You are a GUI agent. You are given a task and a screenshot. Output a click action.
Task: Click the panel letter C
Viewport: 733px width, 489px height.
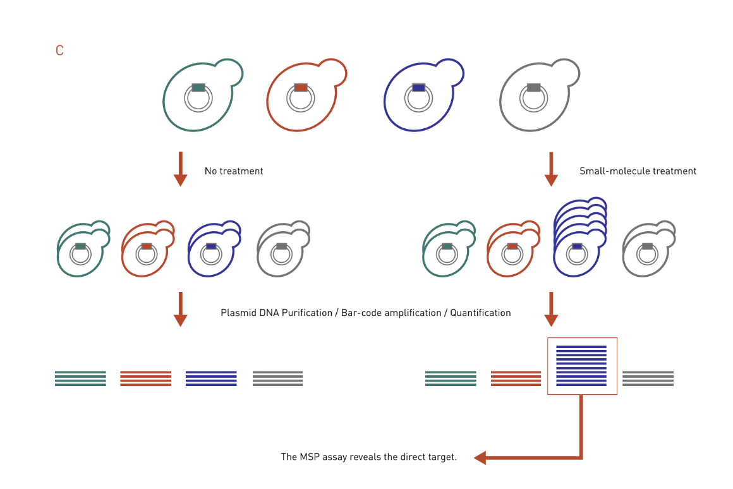click(x=59, y=51)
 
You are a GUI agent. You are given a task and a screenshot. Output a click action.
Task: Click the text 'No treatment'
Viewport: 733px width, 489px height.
click(x=234, y=171)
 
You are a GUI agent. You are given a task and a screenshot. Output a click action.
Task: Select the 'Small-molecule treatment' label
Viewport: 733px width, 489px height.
click(x=638, y=171)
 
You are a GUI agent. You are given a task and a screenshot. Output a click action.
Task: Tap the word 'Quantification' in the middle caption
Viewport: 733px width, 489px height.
click(x=480, y=313)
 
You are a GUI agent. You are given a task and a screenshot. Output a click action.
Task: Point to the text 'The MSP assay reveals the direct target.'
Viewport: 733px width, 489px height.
click(x=368, y=457)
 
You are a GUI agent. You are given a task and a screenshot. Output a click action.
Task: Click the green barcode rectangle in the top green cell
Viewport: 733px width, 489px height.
click(x=198, y=87)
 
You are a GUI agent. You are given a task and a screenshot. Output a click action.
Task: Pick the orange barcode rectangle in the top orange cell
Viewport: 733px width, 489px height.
click(x=301, y=87)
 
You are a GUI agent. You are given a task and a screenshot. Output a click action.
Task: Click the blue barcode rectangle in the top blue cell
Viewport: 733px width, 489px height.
click(x=418, y=87)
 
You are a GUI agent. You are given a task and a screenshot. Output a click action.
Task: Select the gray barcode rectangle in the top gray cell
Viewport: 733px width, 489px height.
click(x=533, y=87)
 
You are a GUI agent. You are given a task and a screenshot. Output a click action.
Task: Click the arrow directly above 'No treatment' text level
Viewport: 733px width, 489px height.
click(x=180, y=169)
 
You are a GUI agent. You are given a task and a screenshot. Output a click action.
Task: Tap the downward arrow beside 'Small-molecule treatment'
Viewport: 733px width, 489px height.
click(x=551, y=169)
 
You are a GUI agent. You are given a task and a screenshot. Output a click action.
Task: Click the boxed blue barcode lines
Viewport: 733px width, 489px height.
click(x=581, y=366)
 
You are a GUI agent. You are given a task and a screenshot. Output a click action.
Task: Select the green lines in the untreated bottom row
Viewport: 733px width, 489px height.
click(x=80, y=378)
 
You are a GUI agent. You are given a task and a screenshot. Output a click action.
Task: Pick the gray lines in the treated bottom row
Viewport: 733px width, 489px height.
click(x=648, y=378)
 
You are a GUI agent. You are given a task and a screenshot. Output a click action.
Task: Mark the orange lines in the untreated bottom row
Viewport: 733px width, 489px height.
click(x=145, y=378)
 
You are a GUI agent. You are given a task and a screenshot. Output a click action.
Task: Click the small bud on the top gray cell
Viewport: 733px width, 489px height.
click(x=567, y=72)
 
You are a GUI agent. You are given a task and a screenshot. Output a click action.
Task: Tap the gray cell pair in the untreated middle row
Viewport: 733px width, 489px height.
click(x=282, y=250)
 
